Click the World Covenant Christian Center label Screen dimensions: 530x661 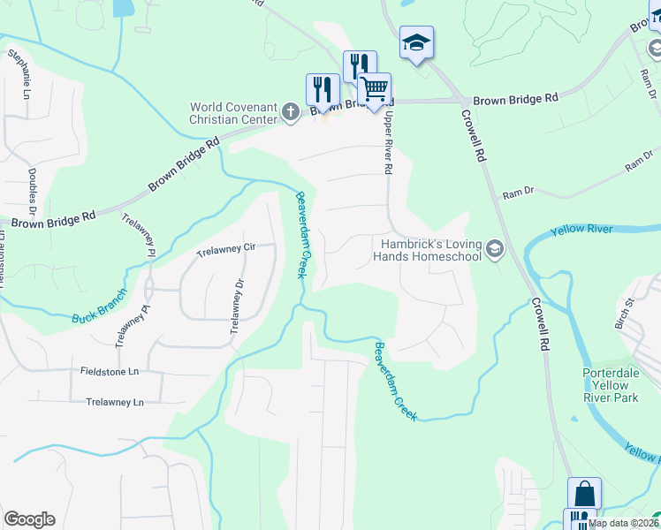234,113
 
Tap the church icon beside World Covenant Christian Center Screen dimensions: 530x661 291,111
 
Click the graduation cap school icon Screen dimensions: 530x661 416,42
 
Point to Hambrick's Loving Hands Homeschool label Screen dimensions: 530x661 431,250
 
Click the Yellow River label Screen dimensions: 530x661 581,230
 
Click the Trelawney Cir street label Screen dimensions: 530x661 225,247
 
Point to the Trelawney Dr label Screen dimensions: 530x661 235,307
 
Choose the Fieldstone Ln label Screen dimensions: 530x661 110,372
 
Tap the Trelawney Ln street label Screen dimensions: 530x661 115,402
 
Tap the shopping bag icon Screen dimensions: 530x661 584,493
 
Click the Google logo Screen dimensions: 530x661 30,519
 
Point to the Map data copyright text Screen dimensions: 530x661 624,523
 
